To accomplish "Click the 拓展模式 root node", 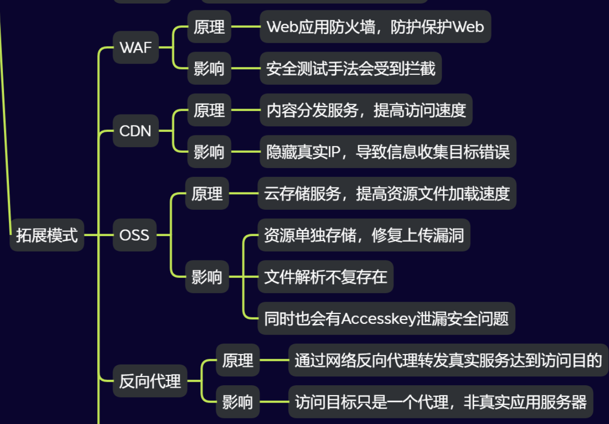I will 47,235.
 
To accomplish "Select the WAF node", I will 135,48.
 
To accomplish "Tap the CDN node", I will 135,131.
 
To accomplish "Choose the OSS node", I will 134,235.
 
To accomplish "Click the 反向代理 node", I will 150,381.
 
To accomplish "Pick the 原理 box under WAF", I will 209,27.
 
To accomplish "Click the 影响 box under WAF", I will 209,68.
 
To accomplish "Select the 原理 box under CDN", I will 209,110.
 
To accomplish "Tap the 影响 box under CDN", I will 209,152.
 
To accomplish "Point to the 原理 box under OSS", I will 207,193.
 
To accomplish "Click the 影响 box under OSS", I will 207,277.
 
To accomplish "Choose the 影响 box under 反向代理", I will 238,402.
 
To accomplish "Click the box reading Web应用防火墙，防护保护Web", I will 375,27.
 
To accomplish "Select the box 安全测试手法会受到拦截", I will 351,68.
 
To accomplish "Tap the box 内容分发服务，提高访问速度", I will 366,110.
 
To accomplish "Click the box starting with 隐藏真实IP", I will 388,152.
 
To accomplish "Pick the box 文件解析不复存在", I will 325,277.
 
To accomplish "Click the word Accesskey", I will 378,318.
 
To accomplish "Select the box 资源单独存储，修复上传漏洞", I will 364,235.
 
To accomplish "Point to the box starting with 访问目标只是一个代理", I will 440,402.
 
